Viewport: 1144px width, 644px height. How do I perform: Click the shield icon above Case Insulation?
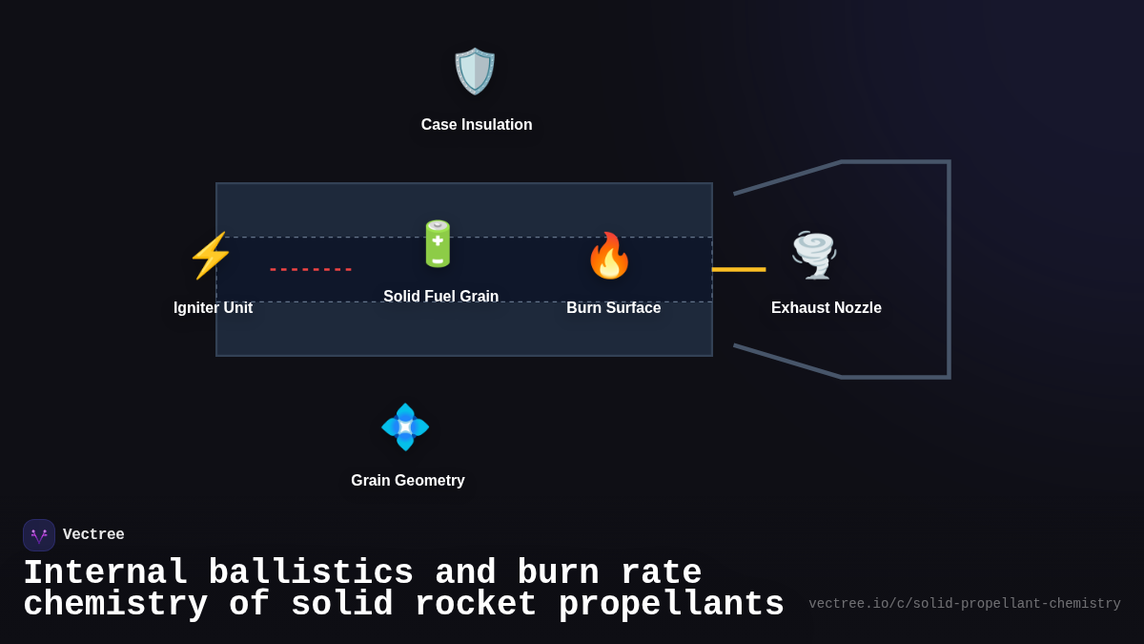point(475,72)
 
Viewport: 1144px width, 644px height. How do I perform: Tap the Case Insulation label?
point(477,125)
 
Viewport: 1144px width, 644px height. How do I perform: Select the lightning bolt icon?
point(211,256)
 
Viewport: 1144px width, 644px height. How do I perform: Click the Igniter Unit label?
point(213,308)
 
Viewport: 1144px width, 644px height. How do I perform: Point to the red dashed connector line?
point(311,270)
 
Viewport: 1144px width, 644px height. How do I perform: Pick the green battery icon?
point(438,244)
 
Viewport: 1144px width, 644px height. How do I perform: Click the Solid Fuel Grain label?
point(440,297)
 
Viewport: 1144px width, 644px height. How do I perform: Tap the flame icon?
point(609,256)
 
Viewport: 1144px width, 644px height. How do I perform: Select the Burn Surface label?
point(613,308)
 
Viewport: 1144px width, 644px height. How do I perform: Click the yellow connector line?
point(739,270)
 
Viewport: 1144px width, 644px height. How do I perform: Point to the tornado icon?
point(814,255)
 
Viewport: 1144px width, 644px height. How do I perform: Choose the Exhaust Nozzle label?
point(826,308)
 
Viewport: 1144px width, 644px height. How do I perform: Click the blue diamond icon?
point(405,426)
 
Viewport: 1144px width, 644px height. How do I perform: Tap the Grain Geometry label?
point(407,481)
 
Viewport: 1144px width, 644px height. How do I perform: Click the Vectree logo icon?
point(39,535)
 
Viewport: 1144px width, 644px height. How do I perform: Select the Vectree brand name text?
point(93,535)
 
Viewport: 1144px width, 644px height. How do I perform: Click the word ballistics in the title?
point(311,573)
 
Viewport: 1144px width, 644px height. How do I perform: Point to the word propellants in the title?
point(671,605)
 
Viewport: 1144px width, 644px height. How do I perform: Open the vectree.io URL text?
point(964,604)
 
